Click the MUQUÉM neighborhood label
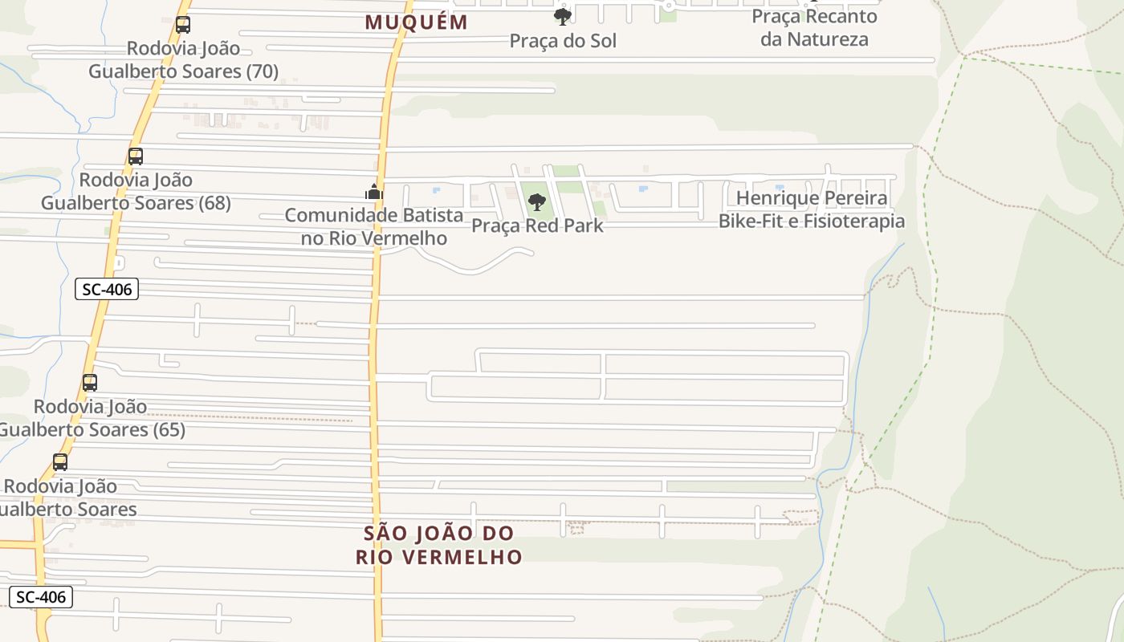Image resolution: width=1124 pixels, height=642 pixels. click(416, 22)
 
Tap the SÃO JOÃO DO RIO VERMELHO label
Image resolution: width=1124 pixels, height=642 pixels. click(438, 545)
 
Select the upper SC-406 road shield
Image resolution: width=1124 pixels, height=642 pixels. click(107, 290)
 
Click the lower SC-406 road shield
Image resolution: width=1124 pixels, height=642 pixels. click(41, 597)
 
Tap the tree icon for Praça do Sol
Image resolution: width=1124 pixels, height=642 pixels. click(563, 16)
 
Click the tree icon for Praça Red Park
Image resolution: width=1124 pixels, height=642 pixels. click(537, 202)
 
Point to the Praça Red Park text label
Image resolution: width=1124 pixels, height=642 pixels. click(537, 226)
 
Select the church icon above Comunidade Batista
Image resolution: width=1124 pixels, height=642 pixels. click(374, 193)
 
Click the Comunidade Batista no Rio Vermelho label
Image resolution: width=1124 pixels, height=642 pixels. click(374, 226)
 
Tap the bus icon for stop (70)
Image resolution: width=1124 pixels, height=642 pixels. click(183, 25)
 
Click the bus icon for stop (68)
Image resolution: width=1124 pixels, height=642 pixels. click(136, 156)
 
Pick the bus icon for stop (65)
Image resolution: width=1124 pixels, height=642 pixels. click(90, 383)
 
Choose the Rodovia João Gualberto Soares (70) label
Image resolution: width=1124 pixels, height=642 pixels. click(183, 60)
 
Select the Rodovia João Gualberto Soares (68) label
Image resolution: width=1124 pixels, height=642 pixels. click(136, 191)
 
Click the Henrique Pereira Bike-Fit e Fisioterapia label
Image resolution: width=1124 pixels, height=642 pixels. click(811, 209)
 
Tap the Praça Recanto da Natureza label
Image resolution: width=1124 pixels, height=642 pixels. click(814, 27)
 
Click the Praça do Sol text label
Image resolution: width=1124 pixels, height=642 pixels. click(563, 41)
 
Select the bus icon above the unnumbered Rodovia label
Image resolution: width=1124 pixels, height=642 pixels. click(60, 462)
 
